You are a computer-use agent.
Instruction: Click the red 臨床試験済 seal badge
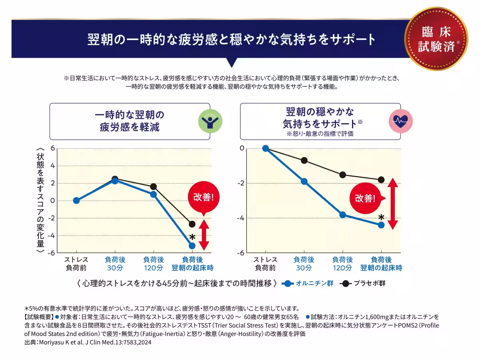436,38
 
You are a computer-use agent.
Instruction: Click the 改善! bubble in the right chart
366,198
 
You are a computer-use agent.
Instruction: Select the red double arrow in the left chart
204,235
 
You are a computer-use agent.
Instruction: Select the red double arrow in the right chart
392,204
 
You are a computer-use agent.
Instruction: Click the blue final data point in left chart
192,246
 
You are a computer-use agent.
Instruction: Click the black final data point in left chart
192,224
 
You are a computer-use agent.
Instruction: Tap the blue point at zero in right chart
266,148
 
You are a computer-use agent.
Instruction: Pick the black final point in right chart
381,180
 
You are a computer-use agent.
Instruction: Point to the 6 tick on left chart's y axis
52,148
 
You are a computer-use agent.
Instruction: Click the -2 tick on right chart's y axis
241,183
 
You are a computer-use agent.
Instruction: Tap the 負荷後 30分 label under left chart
115,264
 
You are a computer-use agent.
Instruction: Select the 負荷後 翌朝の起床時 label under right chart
381,264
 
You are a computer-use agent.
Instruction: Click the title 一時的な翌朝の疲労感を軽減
130,121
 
